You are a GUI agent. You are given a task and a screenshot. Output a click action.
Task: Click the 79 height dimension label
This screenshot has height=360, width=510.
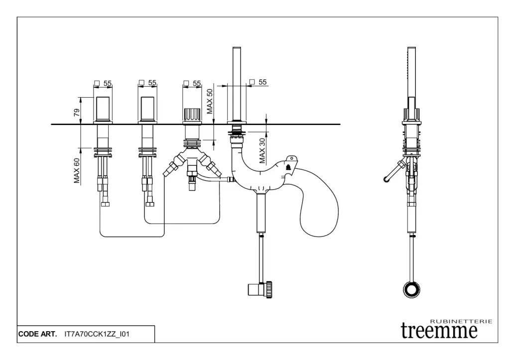(x=77, y=113)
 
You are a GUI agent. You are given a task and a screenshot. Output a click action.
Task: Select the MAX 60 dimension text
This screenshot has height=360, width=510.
(x=77, y=171)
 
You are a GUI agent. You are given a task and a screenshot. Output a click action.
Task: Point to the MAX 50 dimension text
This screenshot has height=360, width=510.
(x=210, y=101)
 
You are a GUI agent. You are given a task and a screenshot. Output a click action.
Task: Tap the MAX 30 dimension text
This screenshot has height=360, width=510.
(x=262, y=150)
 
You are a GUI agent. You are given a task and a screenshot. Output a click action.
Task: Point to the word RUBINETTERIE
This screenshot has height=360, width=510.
(x=461, y=322)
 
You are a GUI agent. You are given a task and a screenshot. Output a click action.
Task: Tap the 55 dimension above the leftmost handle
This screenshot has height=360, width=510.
(x=108, y=83)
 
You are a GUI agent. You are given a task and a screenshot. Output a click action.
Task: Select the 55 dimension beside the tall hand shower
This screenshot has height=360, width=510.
(x=263, y=82)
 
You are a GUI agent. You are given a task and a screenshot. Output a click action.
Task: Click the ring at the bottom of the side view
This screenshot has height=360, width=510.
(x=411, y=289)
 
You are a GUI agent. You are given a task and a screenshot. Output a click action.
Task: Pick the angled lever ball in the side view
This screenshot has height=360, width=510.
(x=386, y=179)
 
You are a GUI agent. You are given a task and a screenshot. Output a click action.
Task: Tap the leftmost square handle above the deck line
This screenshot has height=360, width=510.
(x=104, y=109)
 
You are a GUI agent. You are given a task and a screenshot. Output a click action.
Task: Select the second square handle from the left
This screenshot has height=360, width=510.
(x=148, y=109)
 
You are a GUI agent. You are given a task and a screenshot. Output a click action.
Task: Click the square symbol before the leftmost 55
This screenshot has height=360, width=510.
(x=98, y=83)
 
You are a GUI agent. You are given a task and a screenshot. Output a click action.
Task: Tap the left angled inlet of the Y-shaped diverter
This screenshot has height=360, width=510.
(x=170, y=167)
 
